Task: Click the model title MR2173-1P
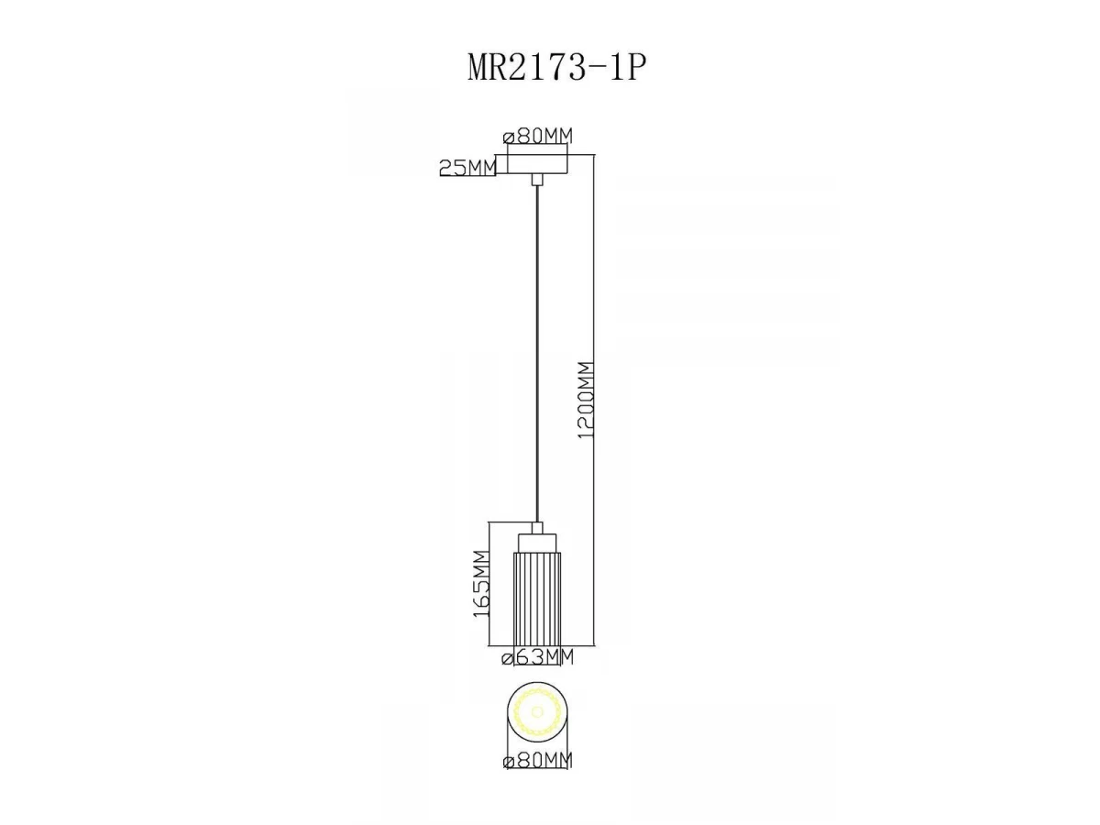tap(556, 67)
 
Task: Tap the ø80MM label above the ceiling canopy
tap(538, 136)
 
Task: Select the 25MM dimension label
tap(467, 168)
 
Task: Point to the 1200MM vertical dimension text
tap(586, 400)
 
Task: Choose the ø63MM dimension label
tap(538, 656)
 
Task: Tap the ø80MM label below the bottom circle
tap(537, 761)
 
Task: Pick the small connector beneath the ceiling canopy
tap(537, 180)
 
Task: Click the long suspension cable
tap(537, 354)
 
